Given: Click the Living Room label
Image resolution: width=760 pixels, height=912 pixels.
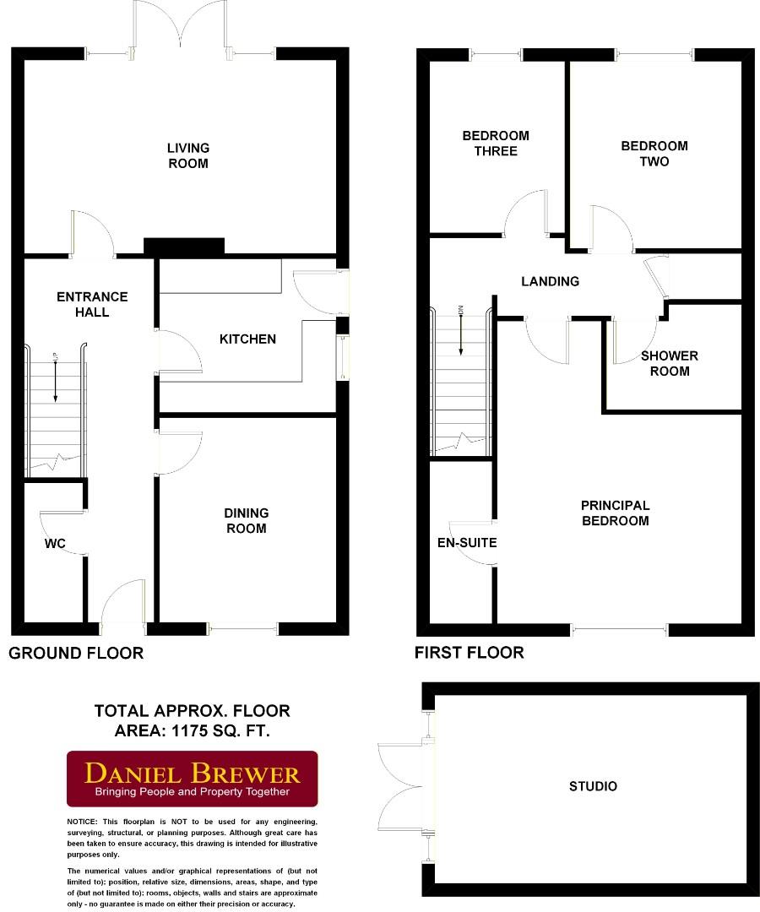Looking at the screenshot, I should (187, 155).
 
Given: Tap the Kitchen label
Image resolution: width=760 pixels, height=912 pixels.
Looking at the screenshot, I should (247, 339).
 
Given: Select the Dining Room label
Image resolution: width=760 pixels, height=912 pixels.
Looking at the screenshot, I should (246, 520).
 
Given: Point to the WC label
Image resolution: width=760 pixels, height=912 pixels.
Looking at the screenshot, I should (55, 543).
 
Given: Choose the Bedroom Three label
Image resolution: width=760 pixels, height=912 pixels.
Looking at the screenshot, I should (496, 144).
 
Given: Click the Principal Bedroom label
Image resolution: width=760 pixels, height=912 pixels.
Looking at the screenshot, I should (615, 513).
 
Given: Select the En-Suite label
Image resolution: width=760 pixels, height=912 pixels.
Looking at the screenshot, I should (466, 542).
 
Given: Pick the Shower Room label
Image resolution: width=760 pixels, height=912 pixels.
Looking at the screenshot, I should (670, 363).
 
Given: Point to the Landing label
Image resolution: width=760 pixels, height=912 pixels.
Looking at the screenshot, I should (550, 281).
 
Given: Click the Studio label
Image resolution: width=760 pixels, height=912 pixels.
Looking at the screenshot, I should (593, 786).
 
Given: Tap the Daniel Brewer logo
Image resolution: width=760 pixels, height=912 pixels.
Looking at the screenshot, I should (193, 779).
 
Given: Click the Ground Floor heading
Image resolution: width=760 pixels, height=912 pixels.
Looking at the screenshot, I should (76, 653).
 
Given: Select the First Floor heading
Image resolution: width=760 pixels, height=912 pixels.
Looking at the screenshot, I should (469, 652).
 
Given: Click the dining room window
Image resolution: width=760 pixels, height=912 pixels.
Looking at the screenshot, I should (243, 627).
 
